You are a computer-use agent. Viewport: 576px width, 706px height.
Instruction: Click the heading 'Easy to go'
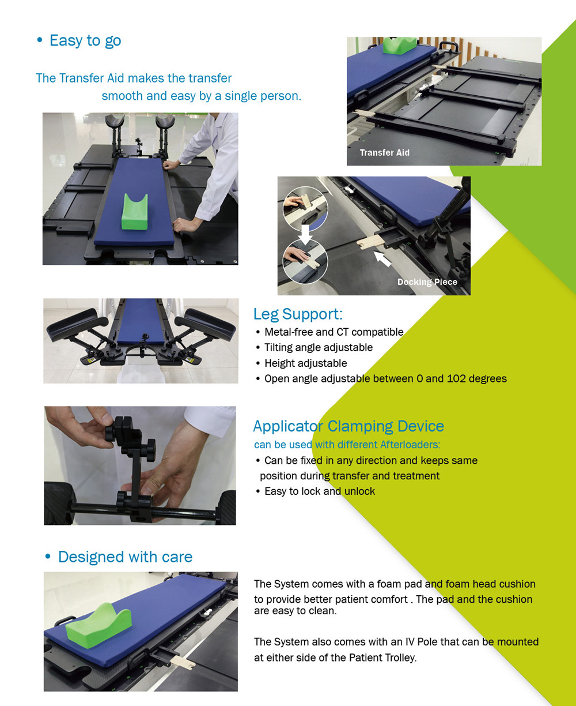click(x=85, y=40)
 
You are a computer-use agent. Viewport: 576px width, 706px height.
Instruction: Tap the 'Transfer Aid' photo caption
click(x=384, y=153)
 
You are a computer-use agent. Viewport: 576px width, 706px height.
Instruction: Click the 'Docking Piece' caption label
click(x=427, y=282)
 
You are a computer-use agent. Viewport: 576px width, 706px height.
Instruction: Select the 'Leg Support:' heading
click(x=298, y=314)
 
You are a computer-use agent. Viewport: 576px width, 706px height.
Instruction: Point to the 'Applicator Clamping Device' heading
click(x=348, y=426)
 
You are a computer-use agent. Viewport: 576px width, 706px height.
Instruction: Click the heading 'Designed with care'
click(x=125, y=557)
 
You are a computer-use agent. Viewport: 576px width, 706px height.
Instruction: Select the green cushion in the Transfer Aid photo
click(x=400, y=45)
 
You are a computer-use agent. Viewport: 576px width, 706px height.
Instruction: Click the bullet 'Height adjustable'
click(x=305, y=363)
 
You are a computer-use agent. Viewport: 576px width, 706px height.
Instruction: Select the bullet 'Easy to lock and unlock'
click(x=319, y=491)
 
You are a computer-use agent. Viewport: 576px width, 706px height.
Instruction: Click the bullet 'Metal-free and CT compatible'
click(x=334, y=332)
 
